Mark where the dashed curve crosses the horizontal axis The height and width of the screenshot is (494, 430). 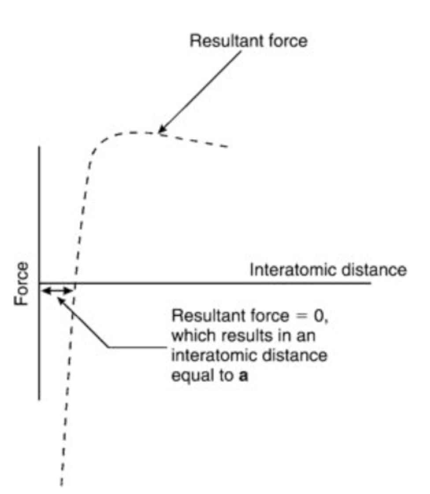75,283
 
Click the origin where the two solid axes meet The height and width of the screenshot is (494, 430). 40,283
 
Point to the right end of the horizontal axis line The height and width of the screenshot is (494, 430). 371,283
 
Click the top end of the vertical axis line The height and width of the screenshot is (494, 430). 40,146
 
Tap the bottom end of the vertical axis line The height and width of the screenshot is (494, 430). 40,399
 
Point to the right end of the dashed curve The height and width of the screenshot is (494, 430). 227,147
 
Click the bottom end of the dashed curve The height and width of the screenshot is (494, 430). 61,484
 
